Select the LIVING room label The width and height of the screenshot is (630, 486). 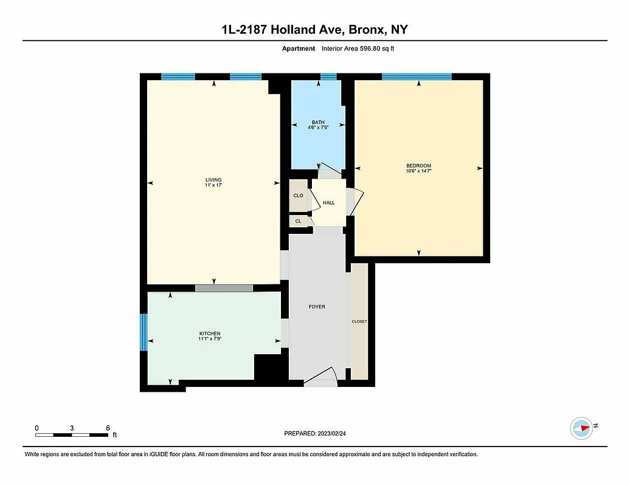pos(213,180)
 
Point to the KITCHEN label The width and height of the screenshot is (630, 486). pos(210,334)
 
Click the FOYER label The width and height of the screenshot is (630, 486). pos(317,307)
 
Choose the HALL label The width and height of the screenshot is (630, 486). pos(328,203)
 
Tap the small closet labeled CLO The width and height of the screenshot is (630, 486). pos(298,196)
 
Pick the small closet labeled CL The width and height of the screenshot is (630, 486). pos(298,221)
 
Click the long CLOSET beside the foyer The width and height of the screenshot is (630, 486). pos(359,321)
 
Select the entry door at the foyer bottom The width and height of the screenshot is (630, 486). pos(320,378)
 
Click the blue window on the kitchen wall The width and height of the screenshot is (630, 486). pos(144,332)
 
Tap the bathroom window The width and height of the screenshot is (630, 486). pos(328,77)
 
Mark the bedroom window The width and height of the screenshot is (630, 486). pos(417,77)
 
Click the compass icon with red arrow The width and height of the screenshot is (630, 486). pos(581,428)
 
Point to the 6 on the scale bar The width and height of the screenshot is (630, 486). pos(108,428)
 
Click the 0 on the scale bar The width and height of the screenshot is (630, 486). pos(36,428)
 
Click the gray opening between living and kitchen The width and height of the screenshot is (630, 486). pos(224,288)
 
